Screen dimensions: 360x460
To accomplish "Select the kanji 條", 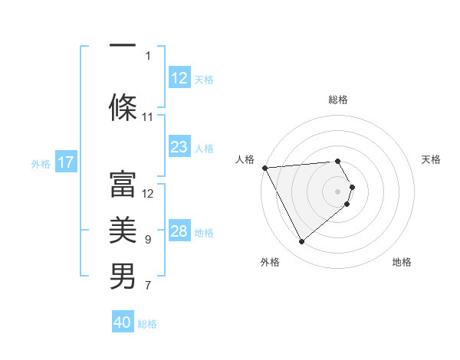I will coord(123,107).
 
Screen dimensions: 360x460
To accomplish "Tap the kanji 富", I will coord(123,184).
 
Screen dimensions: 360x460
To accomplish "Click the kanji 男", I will coord(123,277).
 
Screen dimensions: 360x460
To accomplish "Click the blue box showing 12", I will coord(179,78).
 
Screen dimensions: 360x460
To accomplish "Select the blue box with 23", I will coord(179,147).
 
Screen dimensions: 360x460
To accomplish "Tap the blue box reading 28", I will coord(179,232).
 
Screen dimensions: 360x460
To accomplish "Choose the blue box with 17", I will coord(65,162).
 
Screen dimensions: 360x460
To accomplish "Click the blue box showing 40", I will coord(123,322).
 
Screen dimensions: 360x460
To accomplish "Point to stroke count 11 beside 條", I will coord(148,117).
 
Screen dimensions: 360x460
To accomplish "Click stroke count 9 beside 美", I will coord(148,240).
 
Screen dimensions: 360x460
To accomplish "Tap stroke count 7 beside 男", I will coord(148,286).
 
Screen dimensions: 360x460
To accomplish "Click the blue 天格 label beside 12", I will coord(204,79).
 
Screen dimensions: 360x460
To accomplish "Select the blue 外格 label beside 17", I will coord(41,163).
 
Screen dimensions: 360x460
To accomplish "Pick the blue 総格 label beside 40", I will coord(147,324).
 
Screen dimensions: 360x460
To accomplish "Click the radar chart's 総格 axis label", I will coord(338,100).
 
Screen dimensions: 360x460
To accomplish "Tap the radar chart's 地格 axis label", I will coord(402,262).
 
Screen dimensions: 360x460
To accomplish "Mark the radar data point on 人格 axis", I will coord(264,168).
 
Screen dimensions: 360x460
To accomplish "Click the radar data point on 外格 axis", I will coord(302,242).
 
